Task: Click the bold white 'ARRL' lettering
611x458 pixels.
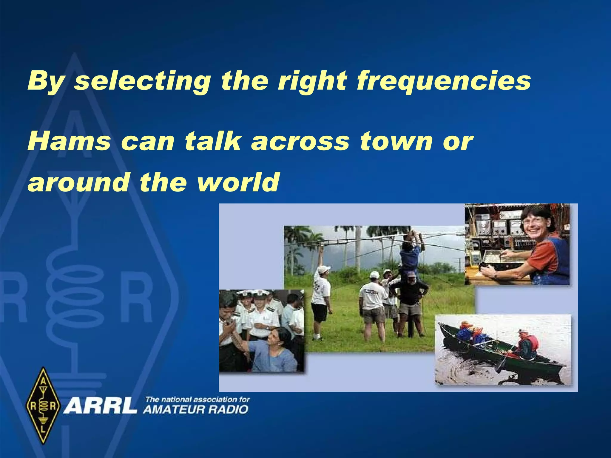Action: click(x=100, y=406)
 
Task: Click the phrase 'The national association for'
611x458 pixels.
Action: click(x=197, y=400)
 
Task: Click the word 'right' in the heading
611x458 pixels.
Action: click(x=312, y=81)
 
